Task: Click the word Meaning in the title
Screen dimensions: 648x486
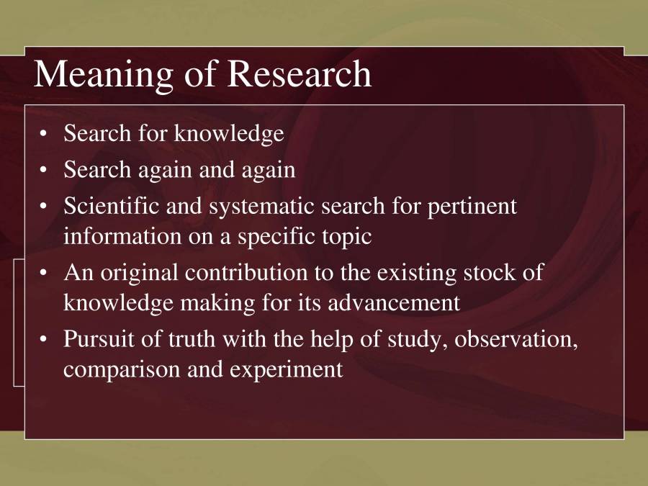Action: click(103, 75)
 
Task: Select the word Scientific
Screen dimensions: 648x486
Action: click(112, 205)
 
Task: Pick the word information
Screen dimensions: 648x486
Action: click(122, 235)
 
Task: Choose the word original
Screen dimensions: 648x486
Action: click(139, 274)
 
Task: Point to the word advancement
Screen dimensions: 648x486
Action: click(393, 302)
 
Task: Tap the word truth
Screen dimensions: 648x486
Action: click(192, 339)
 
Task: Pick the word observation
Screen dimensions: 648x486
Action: click(516, 340)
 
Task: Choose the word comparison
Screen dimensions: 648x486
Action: click(122, 370)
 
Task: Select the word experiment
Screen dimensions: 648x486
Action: click(286, 370)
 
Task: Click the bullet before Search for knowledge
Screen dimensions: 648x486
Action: click(43, 134)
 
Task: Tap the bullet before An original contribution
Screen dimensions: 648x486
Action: click(43, 273)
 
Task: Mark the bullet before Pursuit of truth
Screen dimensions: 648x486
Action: click(43, 339)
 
